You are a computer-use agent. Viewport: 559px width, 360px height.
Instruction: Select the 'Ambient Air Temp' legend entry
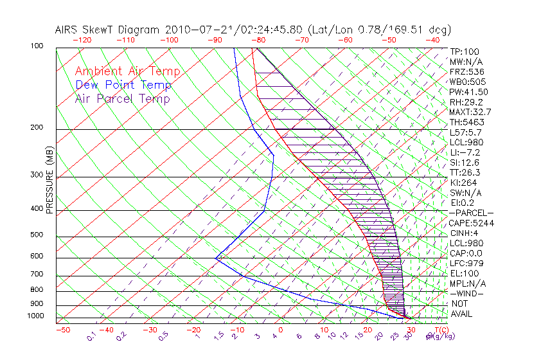tap(127, 72)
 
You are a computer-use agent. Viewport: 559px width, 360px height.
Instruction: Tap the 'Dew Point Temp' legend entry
tap(123, 85)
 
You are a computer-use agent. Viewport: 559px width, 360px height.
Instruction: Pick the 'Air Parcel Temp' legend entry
tap(123, 99)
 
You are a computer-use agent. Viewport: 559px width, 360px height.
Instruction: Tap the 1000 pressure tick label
tap(36, 316)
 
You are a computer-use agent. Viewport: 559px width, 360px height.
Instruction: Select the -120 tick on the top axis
tap(82, 40)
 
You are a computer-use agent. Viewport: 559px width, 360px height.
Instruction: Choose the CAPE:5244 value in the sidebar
tap(471, 223)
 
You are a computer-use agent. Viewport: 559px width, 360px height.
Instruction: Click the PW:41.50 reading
tap(469, 92)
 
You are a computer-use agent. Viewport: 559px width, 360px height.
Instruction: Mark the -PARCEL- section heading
tap(472, 213)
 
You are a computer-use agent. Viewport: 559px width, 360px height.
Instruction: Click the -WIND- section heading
tap(467, 293)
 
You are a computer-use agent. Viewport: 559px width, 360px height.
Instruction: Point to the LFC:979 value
tap(466, 264)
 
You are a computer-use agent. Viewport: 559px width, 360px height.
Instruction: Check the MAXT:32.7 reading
tap(471, 112)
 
